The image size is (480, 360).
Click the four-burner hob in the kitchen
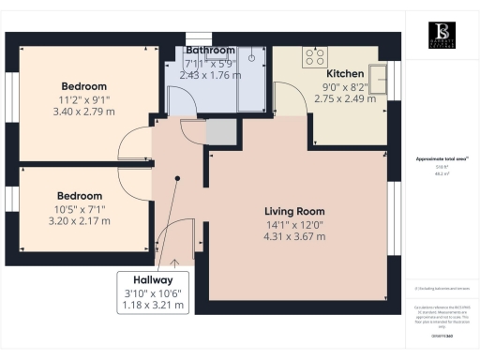coord(312,56)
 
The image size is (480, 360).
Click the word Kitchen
coord(344,73)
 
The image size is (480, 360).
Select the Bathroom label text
coord(210,50)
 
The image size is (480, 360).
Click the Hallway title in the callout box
coord(153,279)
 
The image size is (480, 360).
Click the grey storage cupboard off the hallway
coord(219,132)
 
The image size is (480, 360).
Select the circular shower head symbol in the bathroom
coord(251,57)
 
